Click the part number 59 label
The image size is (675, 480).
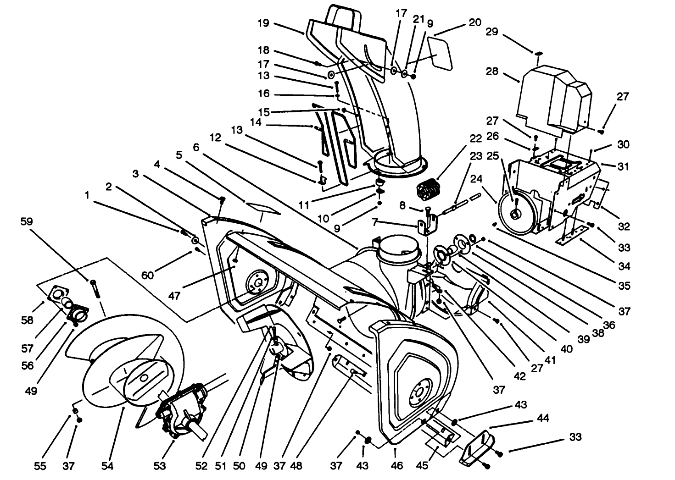point(27,221)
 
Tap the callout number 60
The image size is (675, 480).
point(148,275)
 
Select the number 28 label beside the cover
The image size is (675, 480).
point(493,72)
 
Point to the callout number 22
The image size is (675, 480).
point(476,138)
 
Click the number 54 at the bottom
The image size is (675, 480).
point(107,466)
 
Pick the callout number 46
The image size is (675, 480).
point(397,466)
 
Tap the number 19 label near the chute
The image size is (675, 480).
point(263,23)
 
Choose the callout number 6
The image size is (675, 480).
point(196,147)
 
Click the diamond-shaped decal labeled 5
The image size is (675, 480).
point(263,207)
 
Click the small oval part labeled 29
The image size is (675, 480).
point(539,54)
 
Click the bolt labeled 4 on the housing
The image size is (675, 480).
point(223,200)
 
